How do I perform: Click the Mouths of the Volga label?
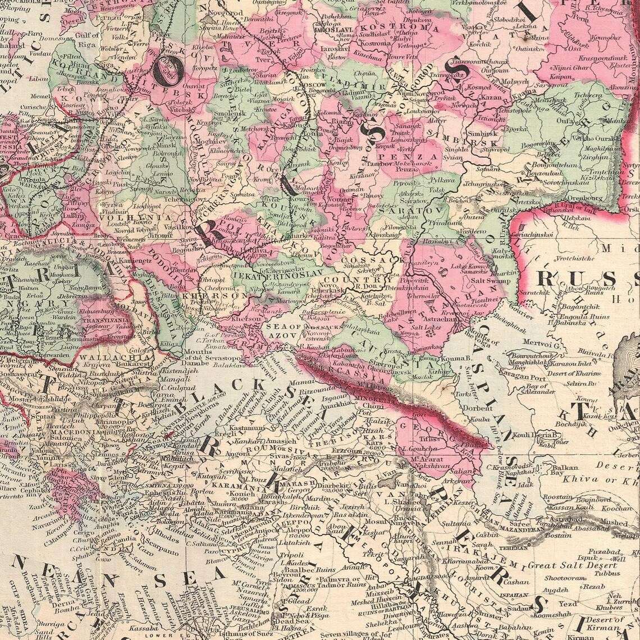(x=486, y=339)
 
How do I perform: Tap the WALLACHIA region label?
(x=104, y=356)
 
